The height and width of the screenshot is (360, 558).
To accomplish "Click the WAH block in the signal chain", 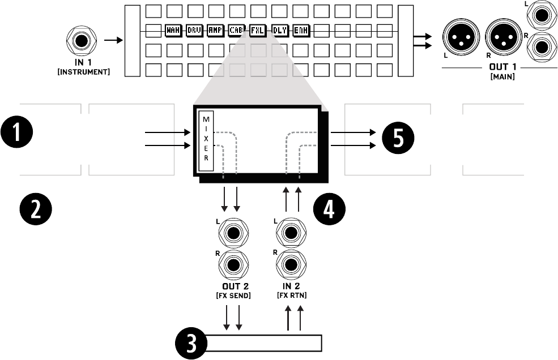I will [x=173, y=31].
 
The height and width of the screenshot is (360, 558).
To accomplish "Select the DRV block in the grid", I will [x=194, y=31].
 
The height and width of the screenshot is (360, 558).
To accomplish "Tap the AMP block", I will [x=215, y=31].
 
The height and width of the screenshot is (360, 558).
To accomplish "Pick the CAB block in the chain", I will [x=236, y=31].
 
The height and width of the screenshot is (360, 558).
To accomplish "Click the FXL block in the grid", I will [x=257, y=31].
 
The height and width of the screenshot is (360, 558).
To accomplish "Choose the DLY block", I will [x=279, y=31].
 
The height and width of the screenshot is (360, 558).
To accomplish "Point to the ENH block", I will [x=300, y=31].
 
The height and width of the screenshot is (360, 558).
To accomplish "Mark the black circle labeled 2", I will [x=35, y=208].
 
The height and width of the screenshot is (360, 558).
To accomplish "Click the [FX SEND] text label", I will [x=233, y=296].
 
